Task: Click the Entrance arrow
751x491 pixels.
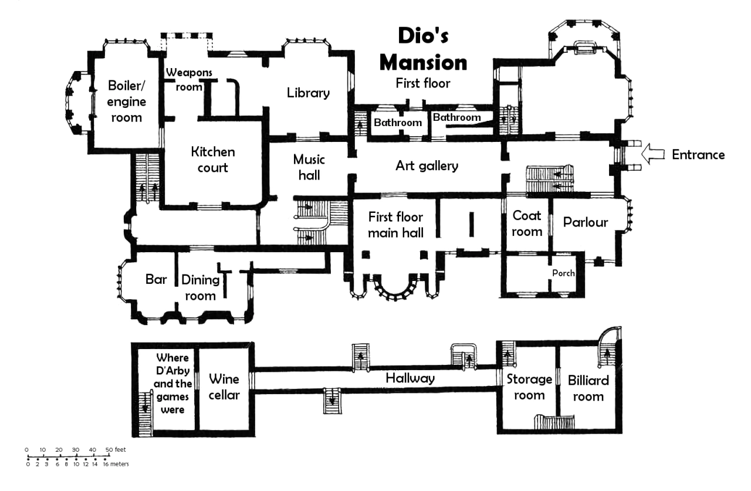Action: click(654, 155)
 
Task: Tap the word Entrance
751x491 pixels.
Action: click(698, 155)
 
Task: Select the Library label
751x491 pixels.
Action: click(308, 93)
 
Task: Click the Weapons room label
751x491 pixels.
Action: click(188, 79)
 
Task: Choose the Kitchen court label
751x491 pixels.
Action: click(212, 160)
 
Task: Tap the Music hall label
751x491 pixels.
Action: click(309, 167)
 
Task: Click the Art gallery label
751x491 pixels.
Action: click(427, 166)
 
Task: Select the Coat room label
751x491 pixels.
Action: click(527, 223)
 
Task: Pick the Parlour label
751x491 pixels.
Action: click(586, 222)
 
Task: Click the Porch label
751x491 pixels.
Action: click(563, 273)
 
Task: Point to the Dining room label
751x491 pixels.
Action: click(201, 287)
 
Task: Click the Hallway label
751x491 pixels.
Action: click(410, 378)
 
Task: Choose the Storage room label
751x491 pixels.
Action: click(529, 387)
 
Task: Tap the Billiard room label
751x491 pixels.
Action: click(588, 388)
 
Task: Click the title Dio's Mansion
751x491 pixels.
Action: click(424, 49)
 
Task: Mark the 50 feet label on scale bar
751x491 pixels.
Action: click(116, 449)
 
